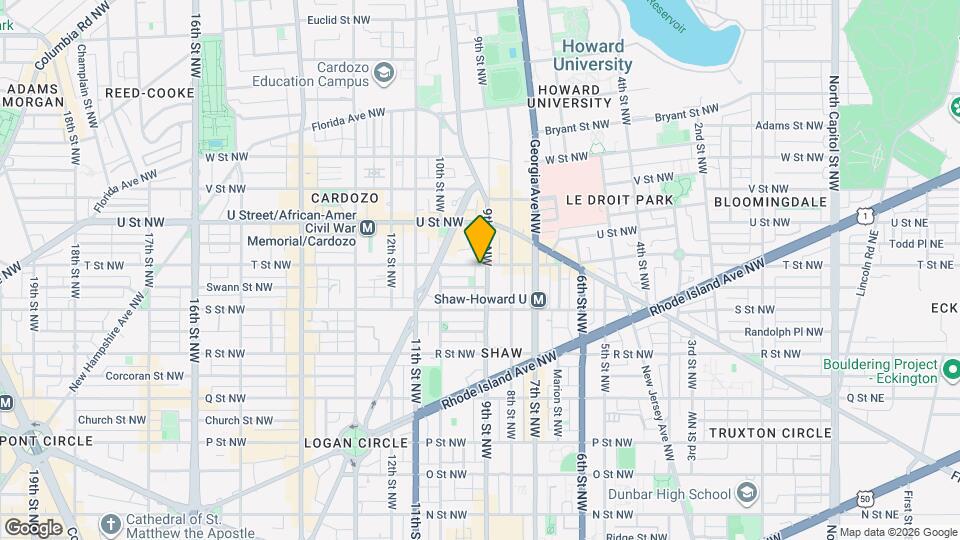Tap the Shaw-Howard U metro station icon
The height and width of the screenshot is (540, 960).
[x=538, y=299]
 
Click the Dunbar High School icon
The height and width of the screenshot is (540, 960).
[x=745, y=493]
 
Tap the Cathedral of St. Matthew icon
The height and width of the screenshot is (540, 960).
[x=109, y=522]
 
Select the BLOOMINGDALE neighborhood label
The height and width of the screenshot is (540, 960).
[x=770, y=201]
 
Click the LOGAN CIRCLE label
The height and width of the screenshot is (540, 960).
[x=357, y=442]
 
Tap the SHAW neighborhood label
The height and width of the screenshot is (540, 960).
[x=501, y=354]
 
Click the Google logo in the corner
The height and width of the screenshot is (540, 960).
[x=33, y=527]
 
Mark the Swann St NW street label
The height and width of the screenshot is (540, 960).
[x=239, y=287]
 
